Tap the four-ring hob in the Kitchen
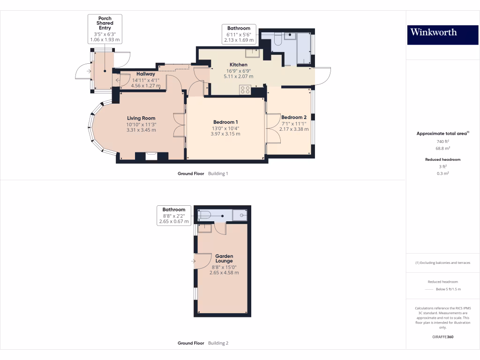tap(245, 90)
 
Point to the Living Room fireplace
tap(151, 156)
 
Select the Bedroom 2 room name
tap(293, 117)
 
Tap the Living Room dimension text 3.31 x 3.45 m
tap(141, 130)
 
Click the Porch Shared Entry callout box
tap(105, 29)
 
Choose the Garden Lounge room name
tap(224, 259)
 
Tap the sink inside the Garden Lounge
tap(205, 228)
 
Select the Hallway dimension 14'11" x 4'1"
tap(145, 80)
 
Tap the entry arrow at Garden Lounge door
tap(193, 261)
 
